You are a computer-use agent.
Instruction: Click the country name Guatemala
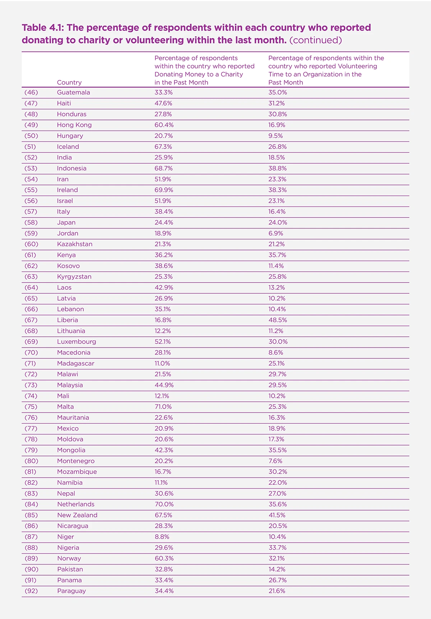click(73, 92)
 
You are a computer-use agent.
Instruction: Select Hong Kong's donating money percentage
click(164, 125)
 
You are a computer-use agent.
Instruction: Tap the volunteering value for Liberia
click(278, 320)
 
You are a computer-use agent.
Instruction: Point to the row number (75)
click(31, 407)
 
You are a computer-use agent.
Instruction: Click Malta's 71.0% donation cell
click(163, 407)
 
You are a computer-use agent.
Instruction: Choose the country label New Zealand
click(77, 515)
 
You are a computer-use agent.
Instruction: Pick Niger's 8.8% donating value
click(162, 537)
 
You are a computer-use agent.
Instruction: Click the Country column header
click(69, 82)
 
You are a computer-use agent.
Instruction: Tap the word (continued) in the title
click(315, 40)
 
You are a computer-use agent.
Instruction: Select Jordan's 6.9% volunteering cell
click(276, 233)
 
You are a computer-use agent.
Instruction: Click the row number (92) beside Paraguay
click(31, 591)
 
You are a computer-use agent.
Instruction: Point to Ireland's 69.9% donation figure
click(164, 190)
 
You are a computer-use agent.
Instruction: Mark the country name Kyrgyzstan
click(74, 276)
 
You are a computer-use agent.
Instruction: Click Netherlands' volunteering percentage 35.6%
click(278, 504)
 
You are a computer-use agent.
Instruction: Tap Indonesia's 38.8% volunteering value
click(278, 168)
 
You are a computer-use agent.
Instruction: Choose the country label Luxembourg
click(77, 342)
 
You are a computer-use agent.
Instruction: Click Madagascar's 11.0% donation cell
click(162, 363)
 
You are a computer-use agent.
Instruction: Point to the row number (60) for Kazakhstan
click(31, 244)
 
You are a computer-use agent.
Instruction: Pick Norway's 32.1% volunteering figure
click(277, 559)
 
